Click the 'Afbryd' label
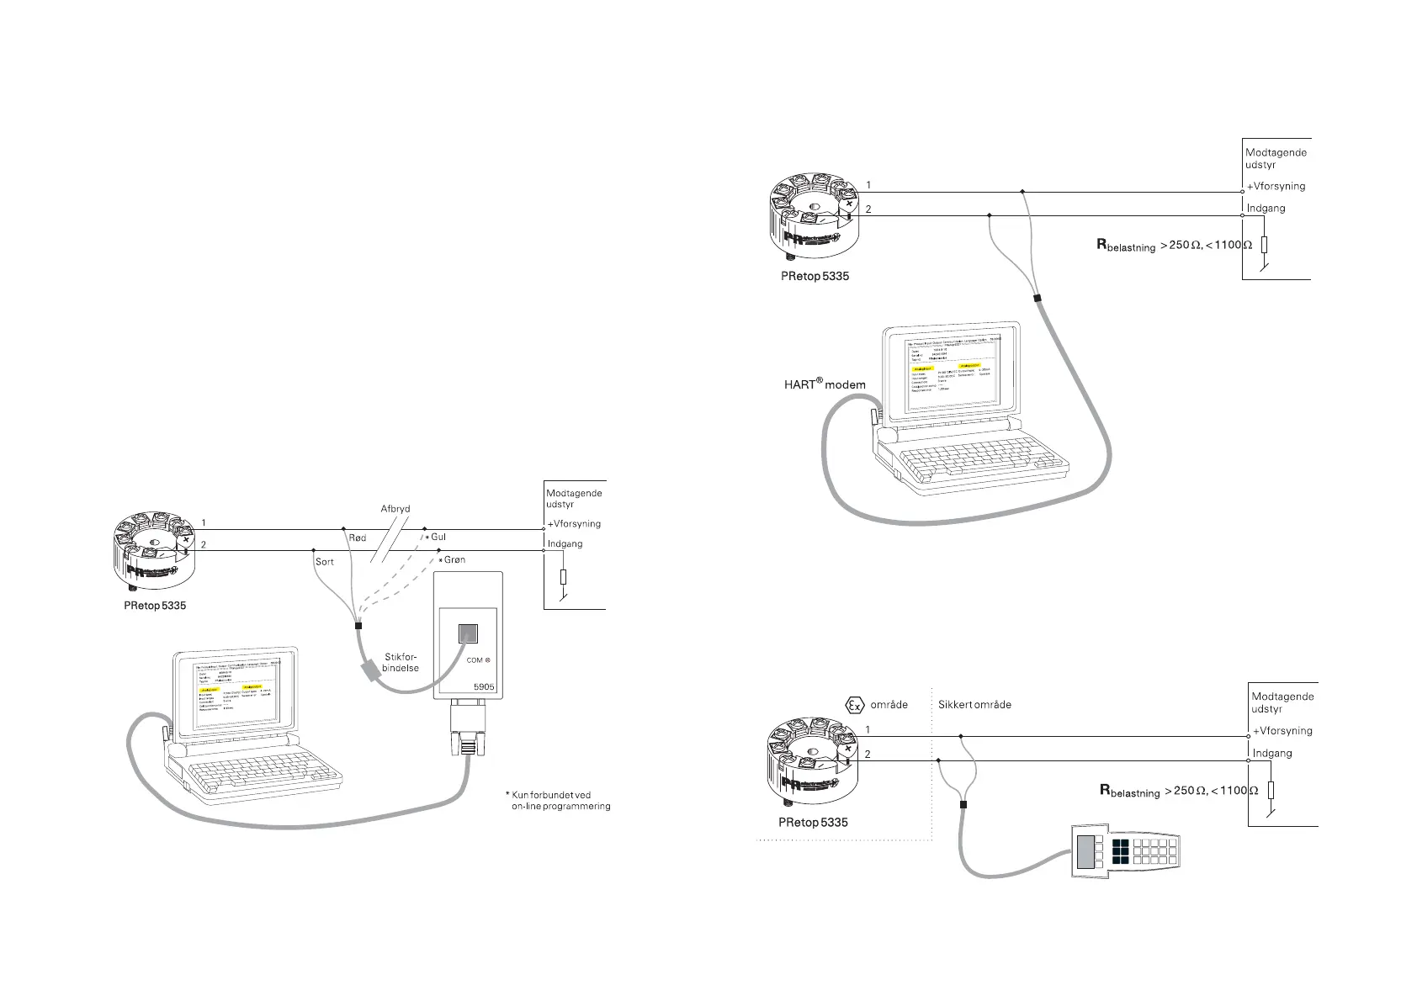[x=395, y=509]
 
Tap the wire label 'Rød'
[x=357, y=538]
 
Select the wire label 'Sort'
[x=324, y=561]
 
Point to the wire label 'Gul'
[x=438, y=537]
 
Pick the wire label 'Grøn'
[x=454, y=559]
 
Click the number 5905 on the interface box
[x=484, y=686]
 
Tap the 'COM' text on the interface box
[x=475, y=660]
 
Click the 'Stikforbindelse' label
[x=401, y=662]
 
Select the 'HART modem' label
[x=825, y=384]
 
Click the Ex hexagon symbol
[x=854, y=705]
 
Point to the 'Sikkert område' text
[x=974, y=705]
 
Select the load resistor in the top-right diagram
[x=1264, y=245]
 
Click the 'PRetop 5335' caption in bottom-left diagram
[x=155, y=605]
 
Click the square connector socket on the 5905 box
[x=468, y=633]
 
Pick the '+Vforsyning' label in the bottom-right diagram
[x=1282, y=731]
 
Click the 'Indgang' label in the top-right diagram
[x=1266, y=209]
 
